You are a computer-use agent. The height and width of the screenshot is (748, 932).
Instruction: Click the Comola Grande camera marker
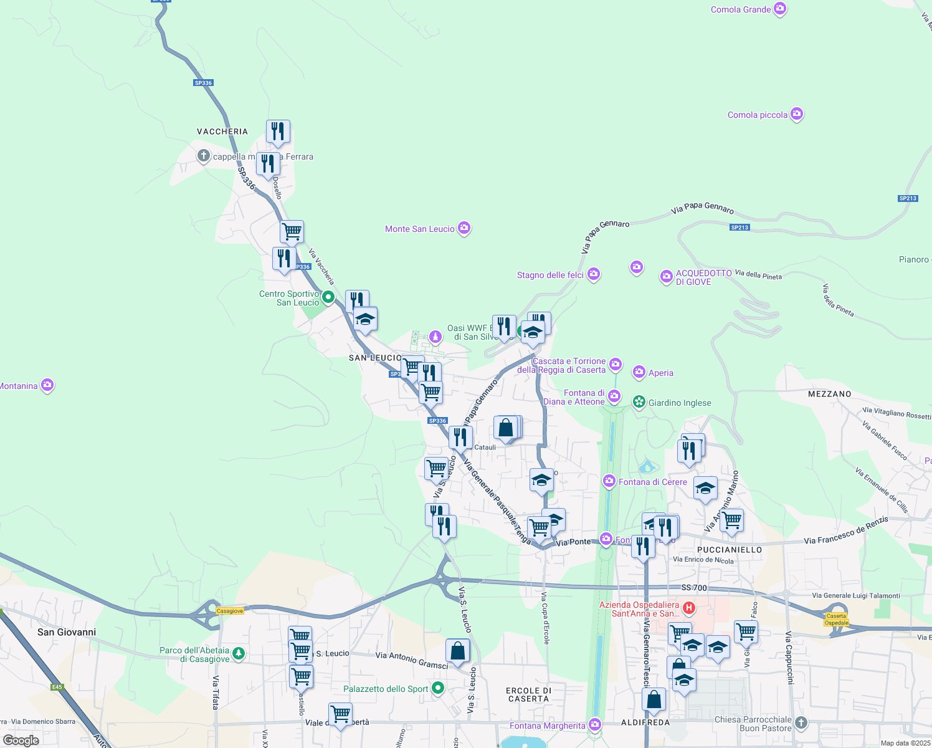[x=780, y=9]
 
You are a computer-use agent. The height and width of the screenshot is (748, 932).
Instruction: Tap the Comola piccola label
[x=757, y=115]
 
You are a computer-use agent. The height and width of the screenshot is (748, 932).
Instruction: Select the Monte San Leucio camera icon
[x=464, y=228]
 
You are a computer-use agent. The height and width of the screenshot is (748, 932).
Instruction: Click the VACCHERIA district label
[x=222, y=132]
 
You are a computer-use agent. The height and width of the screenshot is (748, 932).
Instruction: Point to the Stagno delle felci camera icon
[x=594, y=274]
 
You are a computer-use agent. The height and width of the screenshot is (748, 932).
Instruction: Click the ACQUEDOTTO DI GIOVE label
[x=704, y=277]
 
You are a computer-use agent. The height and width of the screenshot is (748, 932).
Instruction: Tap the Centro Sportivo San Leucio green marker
[x=328, y=297]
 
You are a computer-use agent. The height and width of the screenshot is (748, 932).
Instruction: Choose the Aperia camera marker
[x=639, y=372]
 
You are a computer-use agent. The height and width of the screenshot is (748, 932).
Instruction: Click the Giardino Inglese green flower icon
[x=639, y=402]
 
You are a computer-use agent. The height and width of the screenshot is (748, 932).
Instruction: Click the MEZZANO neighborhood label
[x=829, y=394]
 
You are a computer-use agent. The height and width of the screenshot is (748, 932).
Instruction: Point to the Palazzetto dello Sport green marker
[x=438, y=688]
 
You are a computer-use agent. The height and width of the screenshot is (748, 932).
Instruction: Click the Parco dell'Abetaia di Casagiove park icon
[x=239, y=654]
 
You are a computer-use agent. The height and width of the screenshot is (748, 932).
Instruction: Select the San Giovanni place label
[x=67, y=632]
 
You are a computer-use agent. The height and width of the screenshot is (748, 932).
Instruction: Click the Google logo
[x=21, y=741]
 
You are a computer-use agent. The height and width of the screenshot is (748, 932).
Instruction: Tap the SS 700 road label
[x=694, y=588]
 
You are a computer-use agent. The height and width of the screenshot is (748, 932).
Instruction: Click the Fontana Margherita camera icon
[x=595, y=725]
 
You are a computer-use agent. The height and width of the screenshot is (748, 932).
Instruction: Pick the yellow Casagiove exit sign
[x=230, y=611]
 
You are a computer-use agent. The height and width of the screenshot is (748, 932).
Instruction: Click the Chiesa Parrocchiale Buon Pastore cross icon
[x=801, y=723]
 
